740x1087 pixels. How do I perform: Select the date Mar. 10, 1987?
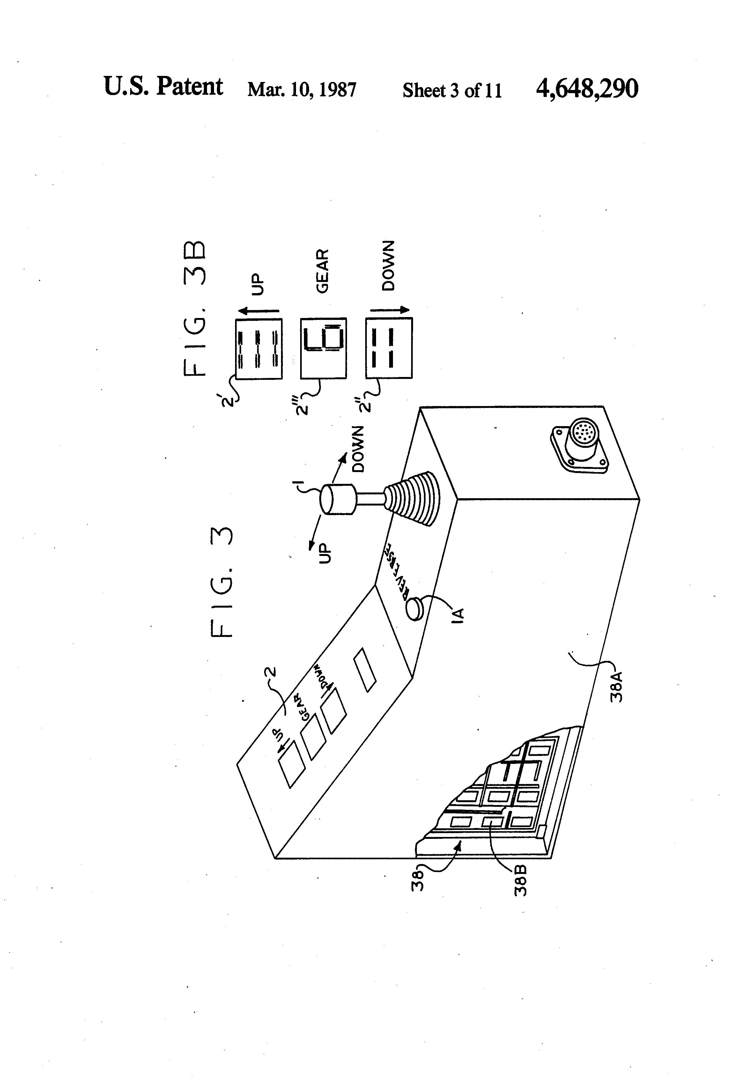click(x=302, y=89)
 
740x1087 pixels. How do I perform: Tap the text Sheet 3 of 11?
click(x=452, y=90)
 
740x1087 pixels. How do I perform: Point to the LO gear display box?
click(x=323, y=348)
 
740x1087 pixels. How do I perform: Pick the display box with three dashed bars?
click(x=259, y=348)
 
